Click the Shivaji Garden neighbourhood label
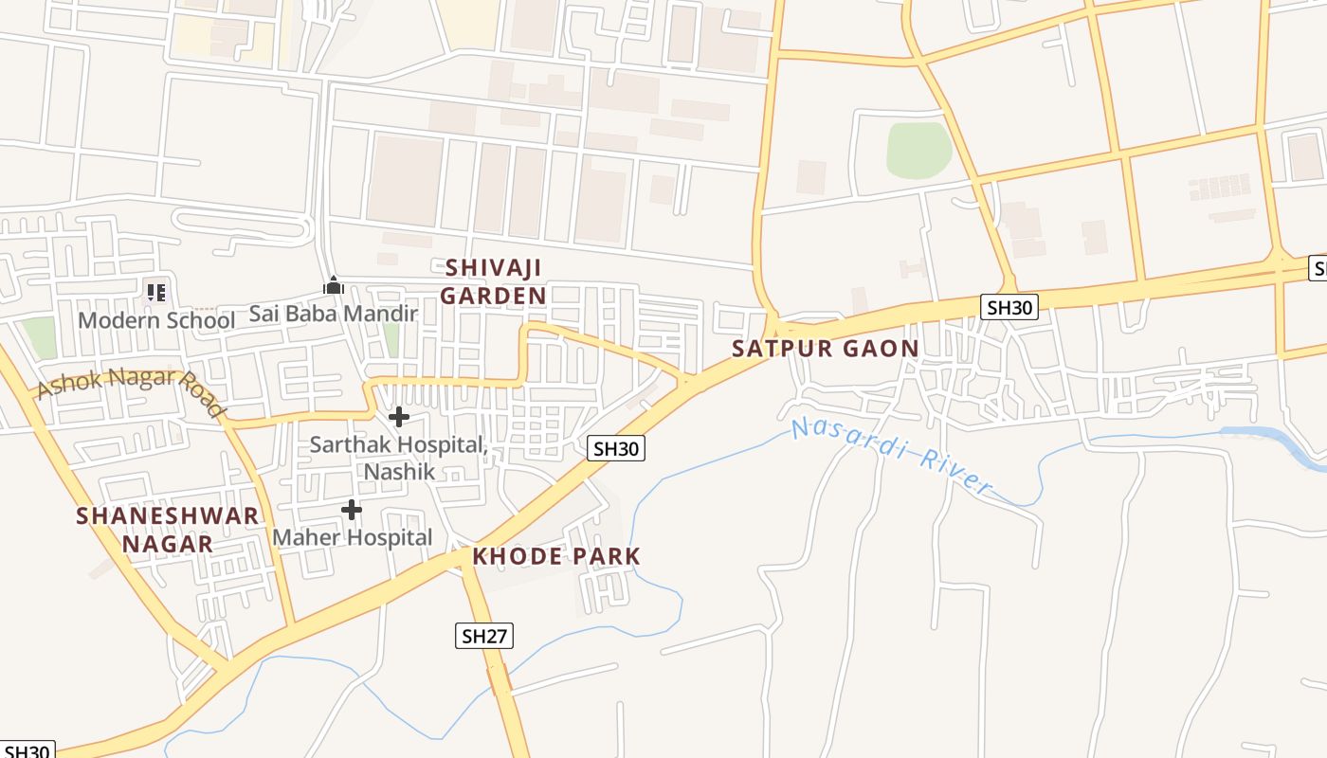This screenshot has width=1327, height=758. click(493, 281)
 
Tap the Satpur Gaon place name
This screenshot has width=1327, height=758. click(825, 349)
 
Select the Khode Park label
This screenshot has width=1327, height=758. click(556, 556)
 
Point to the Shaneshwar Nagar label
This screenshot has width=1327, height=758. click(168, 530)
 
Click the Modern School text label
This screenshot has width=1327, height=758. click(156, 320)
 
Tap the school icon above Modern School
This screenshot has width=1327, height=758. click(156, 292)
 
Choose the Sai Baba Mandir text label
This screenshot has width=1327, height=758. click(333, 314)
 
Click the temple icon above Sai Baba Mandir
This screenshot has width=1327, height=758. click(334, 285)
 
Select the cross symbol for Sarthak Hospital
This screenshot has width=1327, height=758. click(399, 416)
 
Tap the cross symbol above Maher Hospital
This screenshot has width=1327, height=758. click(352, 510)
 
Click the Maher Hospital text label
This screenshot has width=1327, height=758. click(352, 537)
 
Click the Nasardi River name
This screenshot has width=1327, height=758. click(891, 455)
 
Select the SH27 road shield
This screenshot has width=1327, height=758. click(484, 636)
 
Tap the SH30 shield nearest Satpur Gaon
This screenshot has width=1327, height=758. click(1009, 307)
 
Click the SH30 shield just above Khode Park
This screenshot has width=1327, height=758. click(616, 448)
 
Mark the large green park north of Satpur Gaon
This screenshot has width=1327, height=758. click(918, 150)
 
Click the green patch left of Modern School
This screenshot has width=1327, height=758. click(39, 337)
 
